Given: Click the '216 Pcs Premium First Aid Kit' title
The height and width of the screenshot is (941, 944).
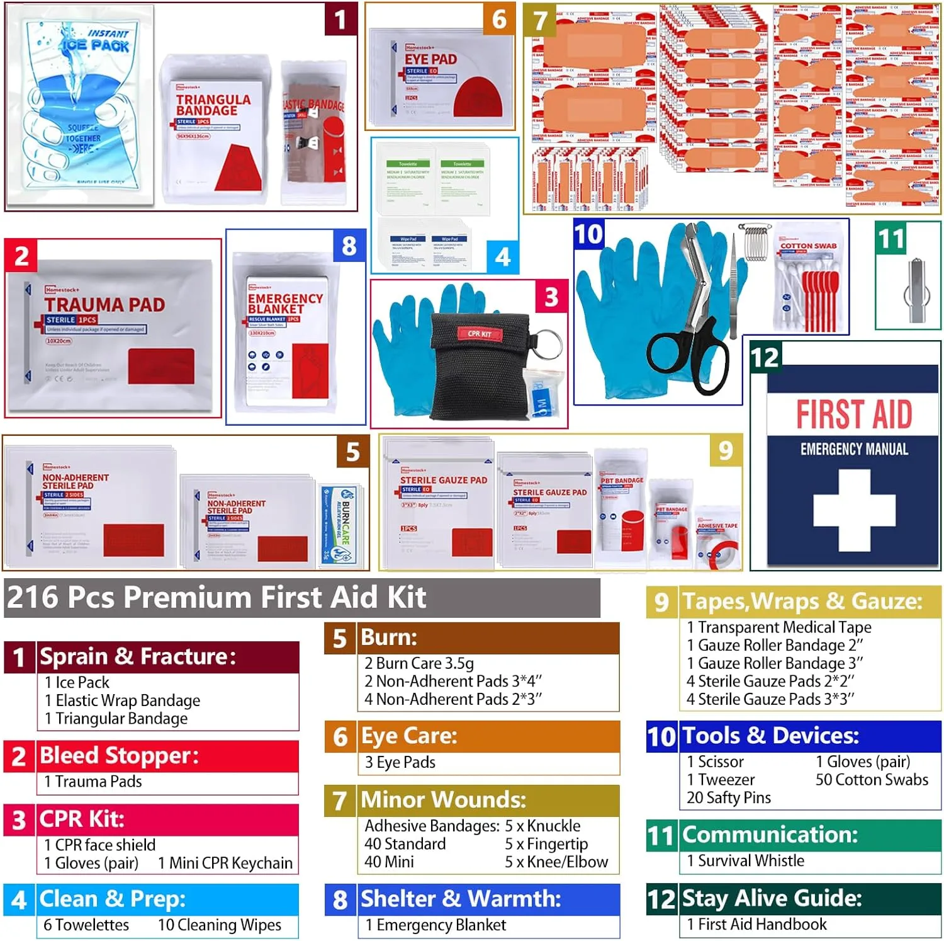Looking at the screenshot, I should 216,597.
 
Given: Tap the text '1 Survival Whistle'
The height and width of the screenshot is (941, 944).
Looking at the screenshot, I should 745,860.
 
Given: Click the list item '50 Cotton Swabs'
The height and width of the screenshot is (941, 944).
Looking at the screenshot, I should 872,780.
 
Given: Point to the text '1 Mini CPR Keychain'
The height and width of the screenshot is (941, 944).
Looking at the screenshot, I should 225,863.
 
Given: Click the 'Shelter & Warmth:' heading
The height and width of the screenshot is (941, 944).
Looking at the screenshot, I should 461,899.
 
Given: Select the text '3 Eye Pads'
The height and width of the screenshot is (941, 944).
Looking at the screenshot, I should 400,762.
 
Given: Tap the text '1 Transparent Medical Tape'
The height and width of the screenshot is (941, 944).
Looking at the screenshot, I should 779,627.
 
